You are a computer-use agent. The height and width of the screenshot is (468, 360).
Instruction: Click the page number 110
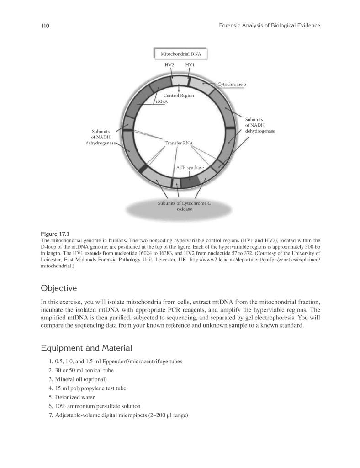[45, 26]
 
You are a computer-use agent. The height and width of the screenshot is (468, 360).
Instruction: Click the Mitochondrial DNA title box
[180, 54]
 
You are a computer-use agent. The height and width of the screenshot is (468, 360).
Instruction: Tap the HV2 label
[169, 65]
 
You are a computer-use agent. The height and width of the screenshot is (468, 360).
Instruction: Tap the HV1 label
[190, 65]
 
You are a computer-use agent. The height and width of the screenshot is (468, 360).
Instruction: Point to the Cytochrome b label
[232, 85]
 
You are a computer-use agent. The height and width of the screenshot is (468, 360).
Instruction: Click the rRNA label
[162, 101]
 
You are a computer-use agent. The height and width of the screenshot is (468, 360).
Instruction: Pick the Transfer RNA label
[179, 143]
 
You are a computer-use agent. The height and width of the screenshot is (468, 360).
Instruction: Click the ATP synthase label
[190, 168]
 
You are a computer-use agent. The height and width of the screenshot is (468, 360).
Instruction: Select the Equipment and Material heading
[86, 348]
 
